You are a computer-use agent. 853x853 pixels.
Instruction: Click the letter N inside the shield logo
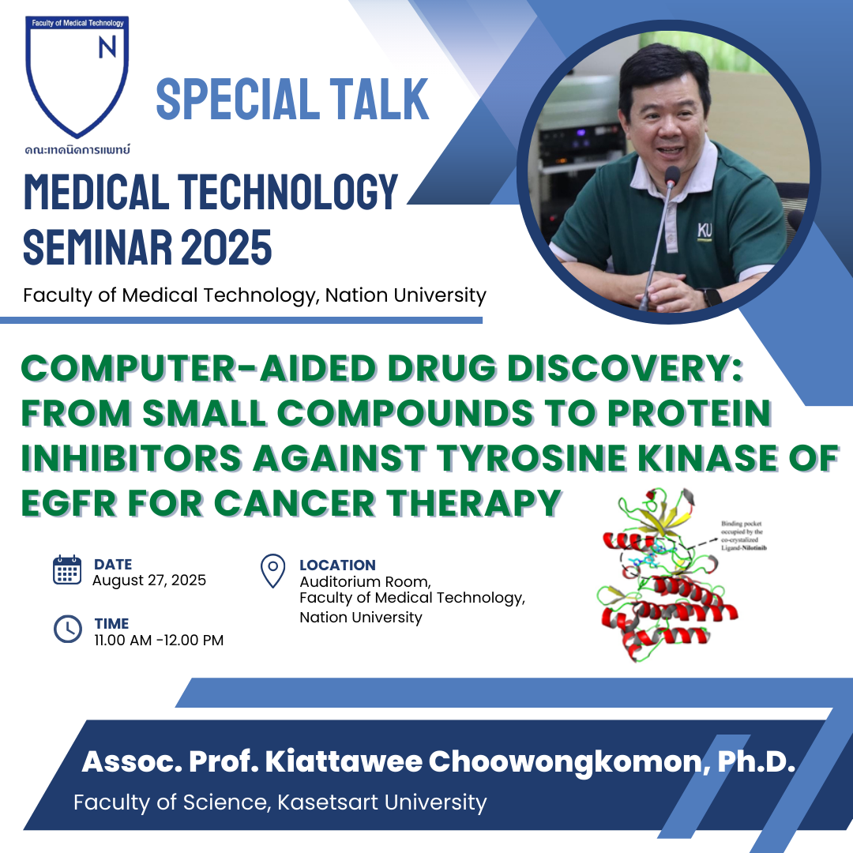(x=107, y=47)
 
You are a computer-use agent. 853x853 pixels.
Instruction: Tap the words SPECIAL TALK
(x=293, y=99)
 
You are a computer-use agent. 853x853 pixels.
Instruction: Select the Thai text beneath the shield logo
(x=77, y=149)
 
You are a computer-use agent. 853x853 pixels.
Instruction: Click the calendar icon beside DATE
(x=67, y=570)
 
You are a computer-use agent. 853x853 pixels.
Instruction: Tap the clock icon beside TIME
(x=67, y=629)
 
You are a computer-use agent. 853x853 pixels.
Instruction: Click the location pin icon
(x=273, y=571)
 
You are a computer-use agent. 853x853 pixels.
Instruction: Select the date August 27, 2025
(x=149, y=581)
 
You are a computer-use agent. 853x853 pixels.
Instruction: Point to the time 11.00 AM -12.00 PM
(x=159, y=641)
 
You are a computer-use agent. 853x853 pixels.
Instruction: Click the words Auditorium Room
(x=365, y=582)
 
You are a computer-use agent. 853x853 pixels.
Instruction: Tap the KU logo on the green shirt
(x=705, y=231)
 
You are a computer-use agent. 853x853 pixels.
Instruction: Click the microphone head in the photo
(x=672, y=175)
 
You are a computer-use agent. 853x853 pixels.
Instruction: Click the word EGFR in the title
(x=69, y=502)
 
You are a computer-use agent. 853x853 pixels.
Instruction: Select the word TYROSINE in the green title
(x=532, y=457)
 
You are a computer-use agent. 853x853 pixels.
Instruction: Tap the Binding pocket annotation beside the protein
(x=744, y=535)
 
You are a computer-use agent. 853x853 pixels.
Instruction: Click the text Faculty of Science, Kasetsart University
(x=280, y=802)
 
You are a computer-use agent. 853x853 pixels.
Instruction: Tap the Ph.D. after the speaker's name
(x=756, y=761)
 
